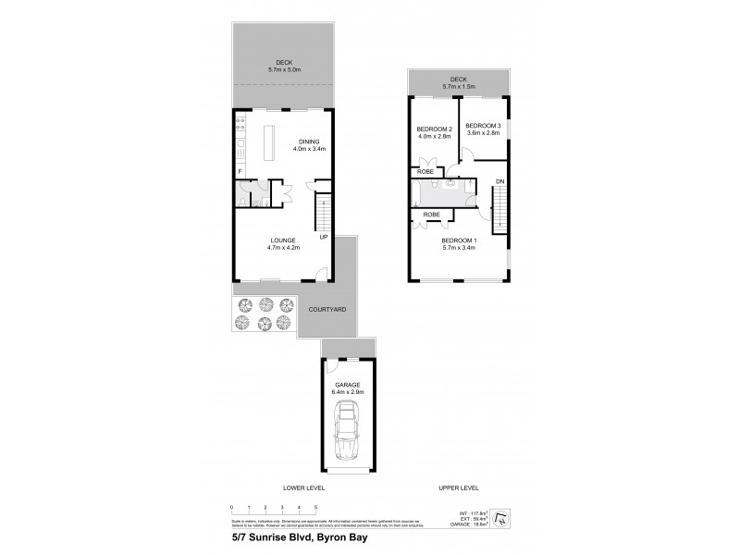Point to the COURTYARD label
[x=327, y=309]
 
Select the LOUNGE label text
[x=283, y=240]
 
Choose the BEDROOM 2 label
[x=434, y=129]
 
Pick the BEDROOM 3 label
[x=482, y=125]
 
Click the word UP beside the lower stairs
[x=324, y=238]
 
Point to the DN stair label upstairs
[x=499, y=180]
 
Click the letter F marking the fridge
[x=240, y=172]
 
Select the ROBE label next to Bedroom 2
[x=426, y=172]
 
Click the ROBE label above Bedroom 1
[x=431, y=215]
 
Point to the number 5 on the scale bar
[x=316, y=509]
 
